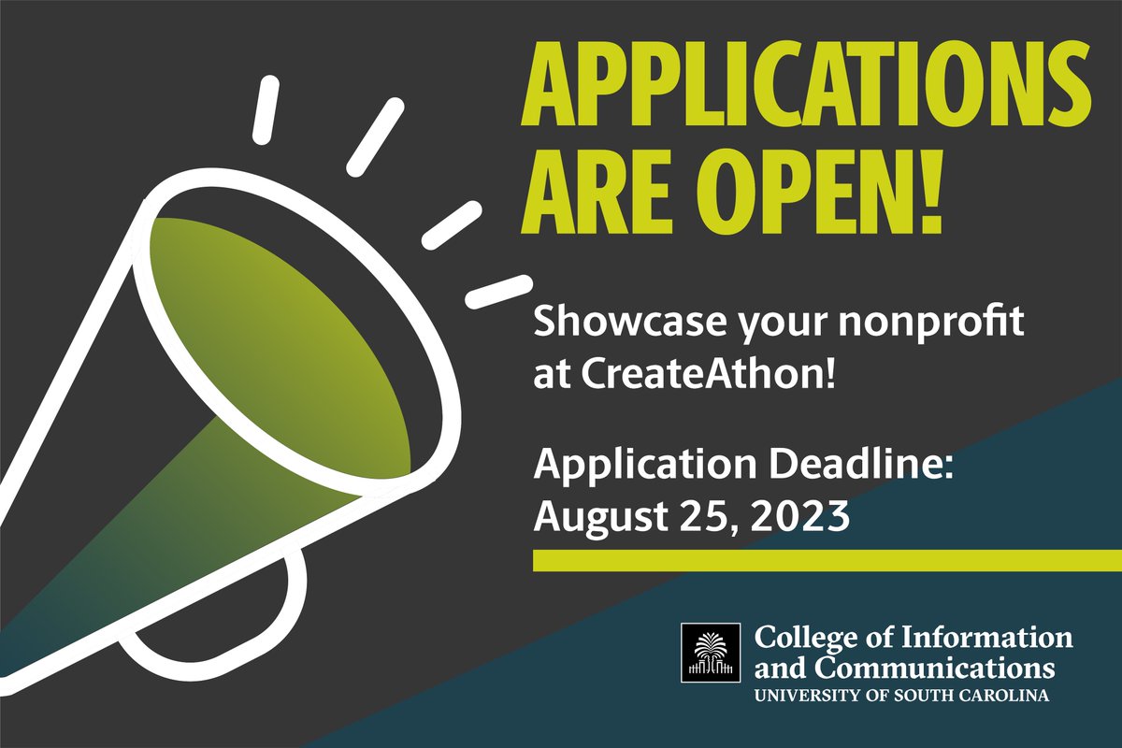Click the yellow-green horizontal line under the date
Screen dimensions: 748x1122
click(827, 560)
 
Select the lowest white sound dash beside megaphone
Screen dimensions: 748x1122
click(498, 291)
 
